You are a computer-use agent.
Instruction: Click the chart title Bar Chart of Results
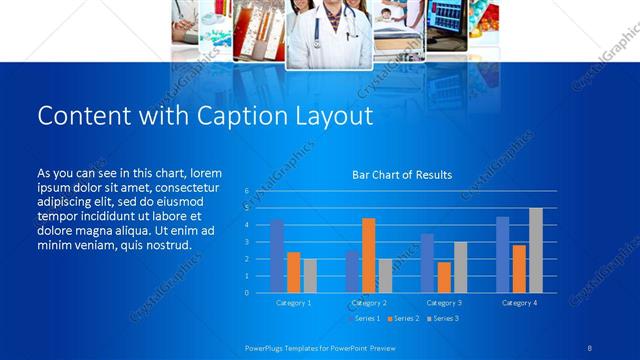tap(402, 175)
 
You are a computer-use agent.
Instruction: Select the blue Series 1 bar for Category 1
tap(277, 256)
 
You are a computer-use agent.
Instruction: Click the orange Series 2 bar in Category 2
tap(369, 255)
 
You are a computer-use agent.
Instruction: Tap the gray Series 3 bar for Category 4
tap(536, 250)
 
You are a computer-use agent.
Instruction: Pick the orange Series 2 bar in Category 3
tap(443, 277)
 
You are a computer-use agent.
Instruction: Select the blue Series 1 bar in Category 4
tap(503, 254)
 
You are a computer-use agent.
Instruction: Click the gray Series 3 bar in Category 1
tap(310, 276)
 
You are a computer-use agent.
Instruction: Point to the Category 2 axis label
tap(369, 302)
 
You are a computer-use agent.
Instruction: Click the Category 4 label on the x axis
tap(519, 302)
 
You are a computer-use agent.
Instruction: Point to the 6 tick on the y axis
tap(247, 190)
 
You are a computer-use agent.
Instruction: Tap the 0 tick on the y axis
tap(247, 293)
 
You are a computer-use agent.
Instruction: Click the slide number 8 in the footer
tap(589, 347)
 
